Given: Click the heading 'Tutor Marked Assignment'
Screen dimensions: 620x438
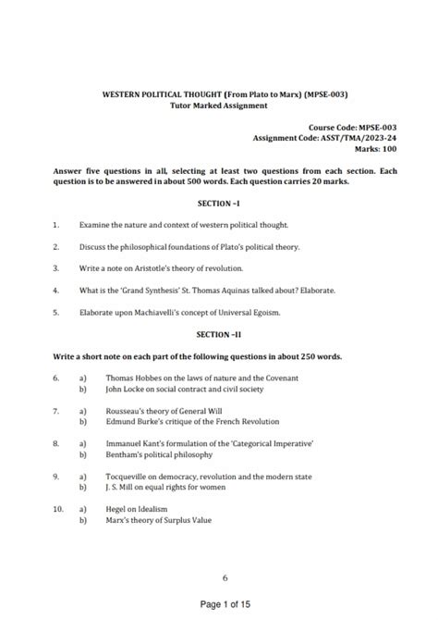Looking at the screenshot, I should (219, 105).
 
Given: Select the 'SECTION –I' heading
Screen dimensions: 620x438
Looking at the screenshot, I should (219, 203).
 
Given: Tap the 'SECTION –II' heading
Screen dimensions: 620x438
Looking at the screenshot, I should (219, 333).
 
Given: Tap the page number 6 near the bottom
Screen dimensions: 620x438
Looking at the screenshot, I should (225, 578).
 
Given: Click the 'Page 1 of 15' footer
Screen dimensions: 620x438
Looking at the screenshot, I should (225, 605).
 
